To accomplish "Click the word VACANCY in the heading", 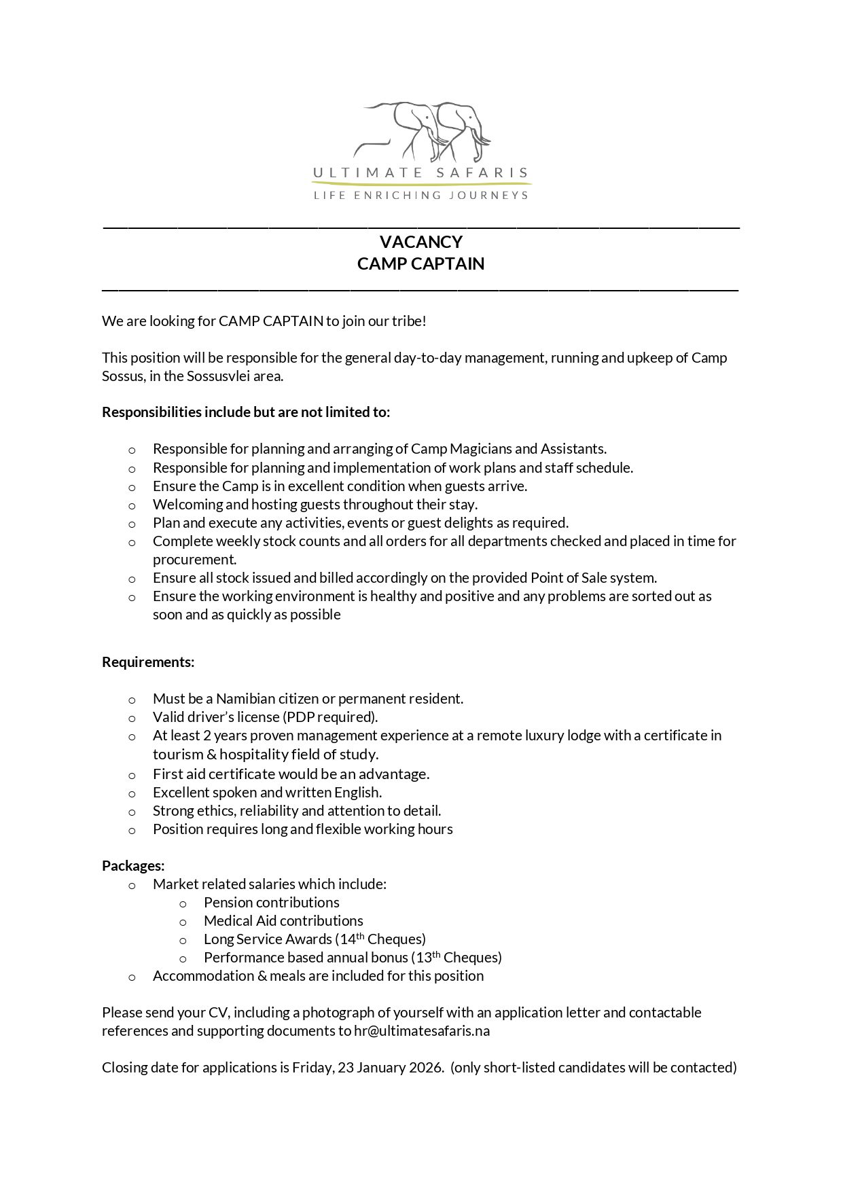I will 420,242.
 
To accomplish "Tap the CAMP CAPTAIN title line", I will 420,264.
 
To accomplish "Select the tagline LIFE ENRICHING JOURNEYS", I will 420,196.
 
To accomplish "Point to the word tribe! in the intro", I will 408,321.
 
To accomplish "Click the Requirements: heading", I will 148,662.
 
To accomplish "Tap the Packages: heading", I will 133,866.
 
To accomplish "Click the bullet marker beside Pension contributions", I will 183,904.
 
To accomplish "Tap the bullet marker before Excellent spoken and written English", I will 132,794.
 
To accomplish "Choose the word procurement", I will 194,560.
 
